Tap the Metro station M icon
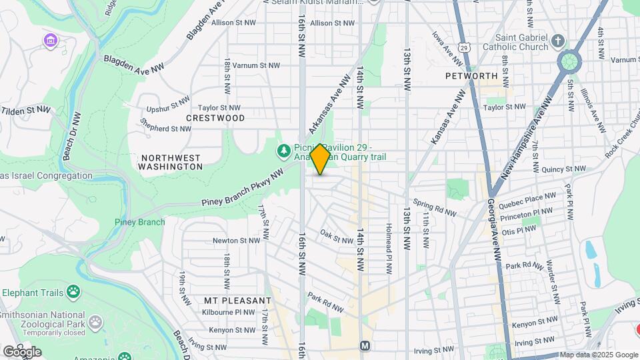tap(365, 346)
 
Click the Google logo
tap(21, 351)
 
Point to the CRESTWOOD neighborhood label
tap(215, 118)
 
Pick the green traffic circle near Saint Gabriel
tap(569, 62)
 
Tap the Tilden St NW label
tap(25, 110)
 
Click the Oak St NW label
tap(336, 236)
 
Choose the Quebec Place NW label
tap(531, 197)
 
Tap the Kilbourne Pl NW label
tap(229, 311)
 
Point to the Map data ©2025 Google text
tap(598, 355)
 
